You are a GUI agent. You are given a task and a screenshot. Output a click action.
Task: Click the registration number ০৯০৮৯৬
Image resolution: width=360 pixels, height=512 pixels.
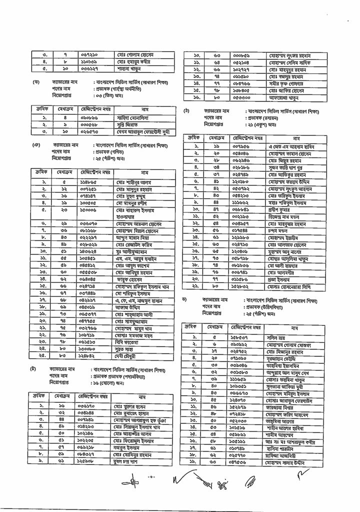(92, 117)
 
